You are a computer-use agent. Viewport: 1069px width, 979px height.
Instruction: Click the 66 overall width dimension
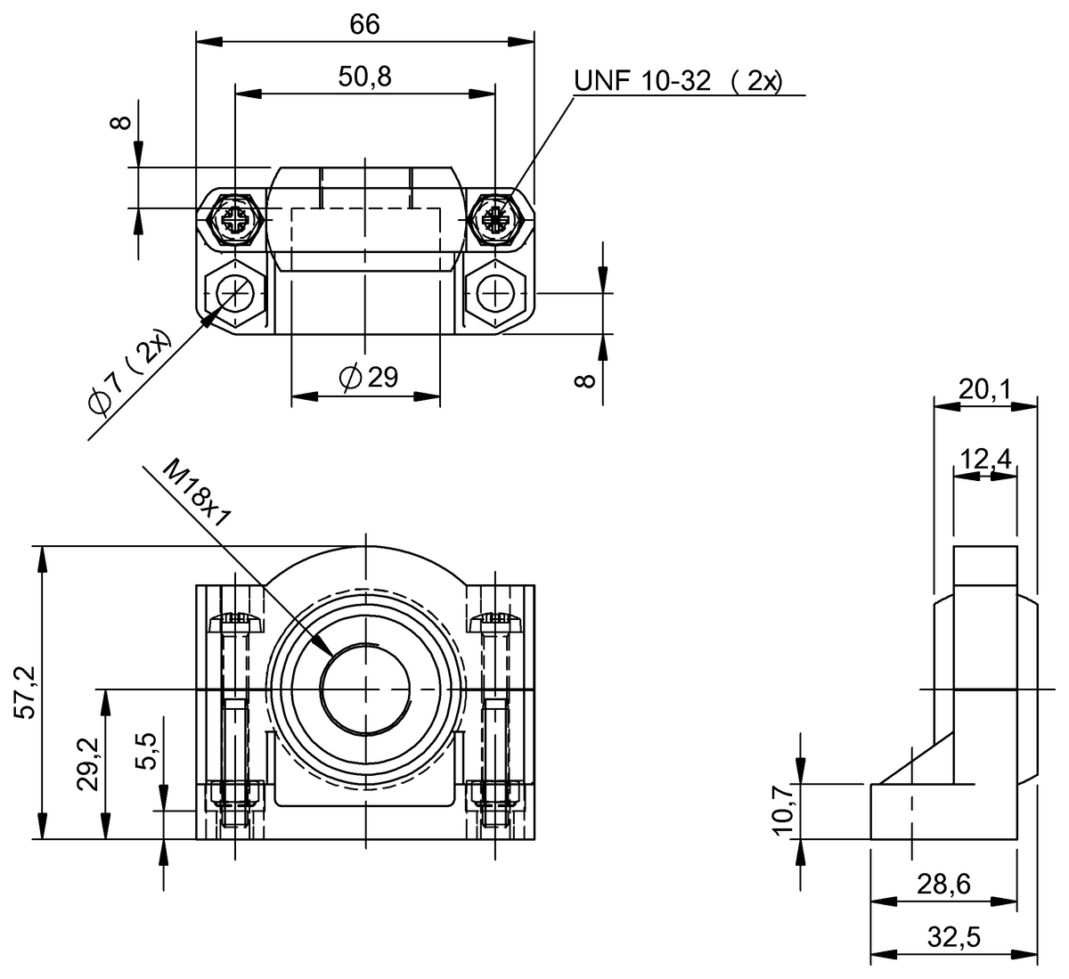pyautogui.click(x=364, y=24)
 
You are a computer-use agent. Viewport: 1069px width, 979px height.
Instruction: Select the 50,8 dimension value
pyautogui.click(x=364, y=78)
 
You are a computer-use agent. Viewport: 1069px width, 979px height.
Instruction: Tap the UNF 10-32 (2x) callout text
pyautogui.click(x=678, y=82)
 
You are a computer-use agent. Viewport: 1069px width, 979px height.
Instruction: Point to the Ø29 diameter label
pyautogui.click(x=368, y=378)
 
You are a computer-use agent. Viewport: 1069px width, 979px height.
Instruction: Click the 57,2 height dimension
pyautogui.click(x=24, y=691)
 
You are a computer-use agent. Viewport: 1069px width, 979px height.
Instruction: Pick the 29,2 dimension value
pyautogui.click(x=86, y=764)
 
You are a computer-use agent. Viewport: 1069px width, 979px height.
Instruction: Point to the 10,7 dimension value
pyautogui.click(x=783, y=811)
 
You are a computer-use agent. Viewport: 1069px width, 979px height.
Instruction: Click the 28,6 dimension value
pyautogui.click(x=943, y=885)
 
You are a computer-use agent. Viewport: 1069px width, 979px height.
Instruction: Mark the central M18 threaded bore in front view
pyautogui.click(x=365, y=689)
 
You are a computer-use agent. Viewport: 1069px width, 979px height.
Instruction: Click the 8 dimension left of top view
pyautogui.click(x=122, y=122)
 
